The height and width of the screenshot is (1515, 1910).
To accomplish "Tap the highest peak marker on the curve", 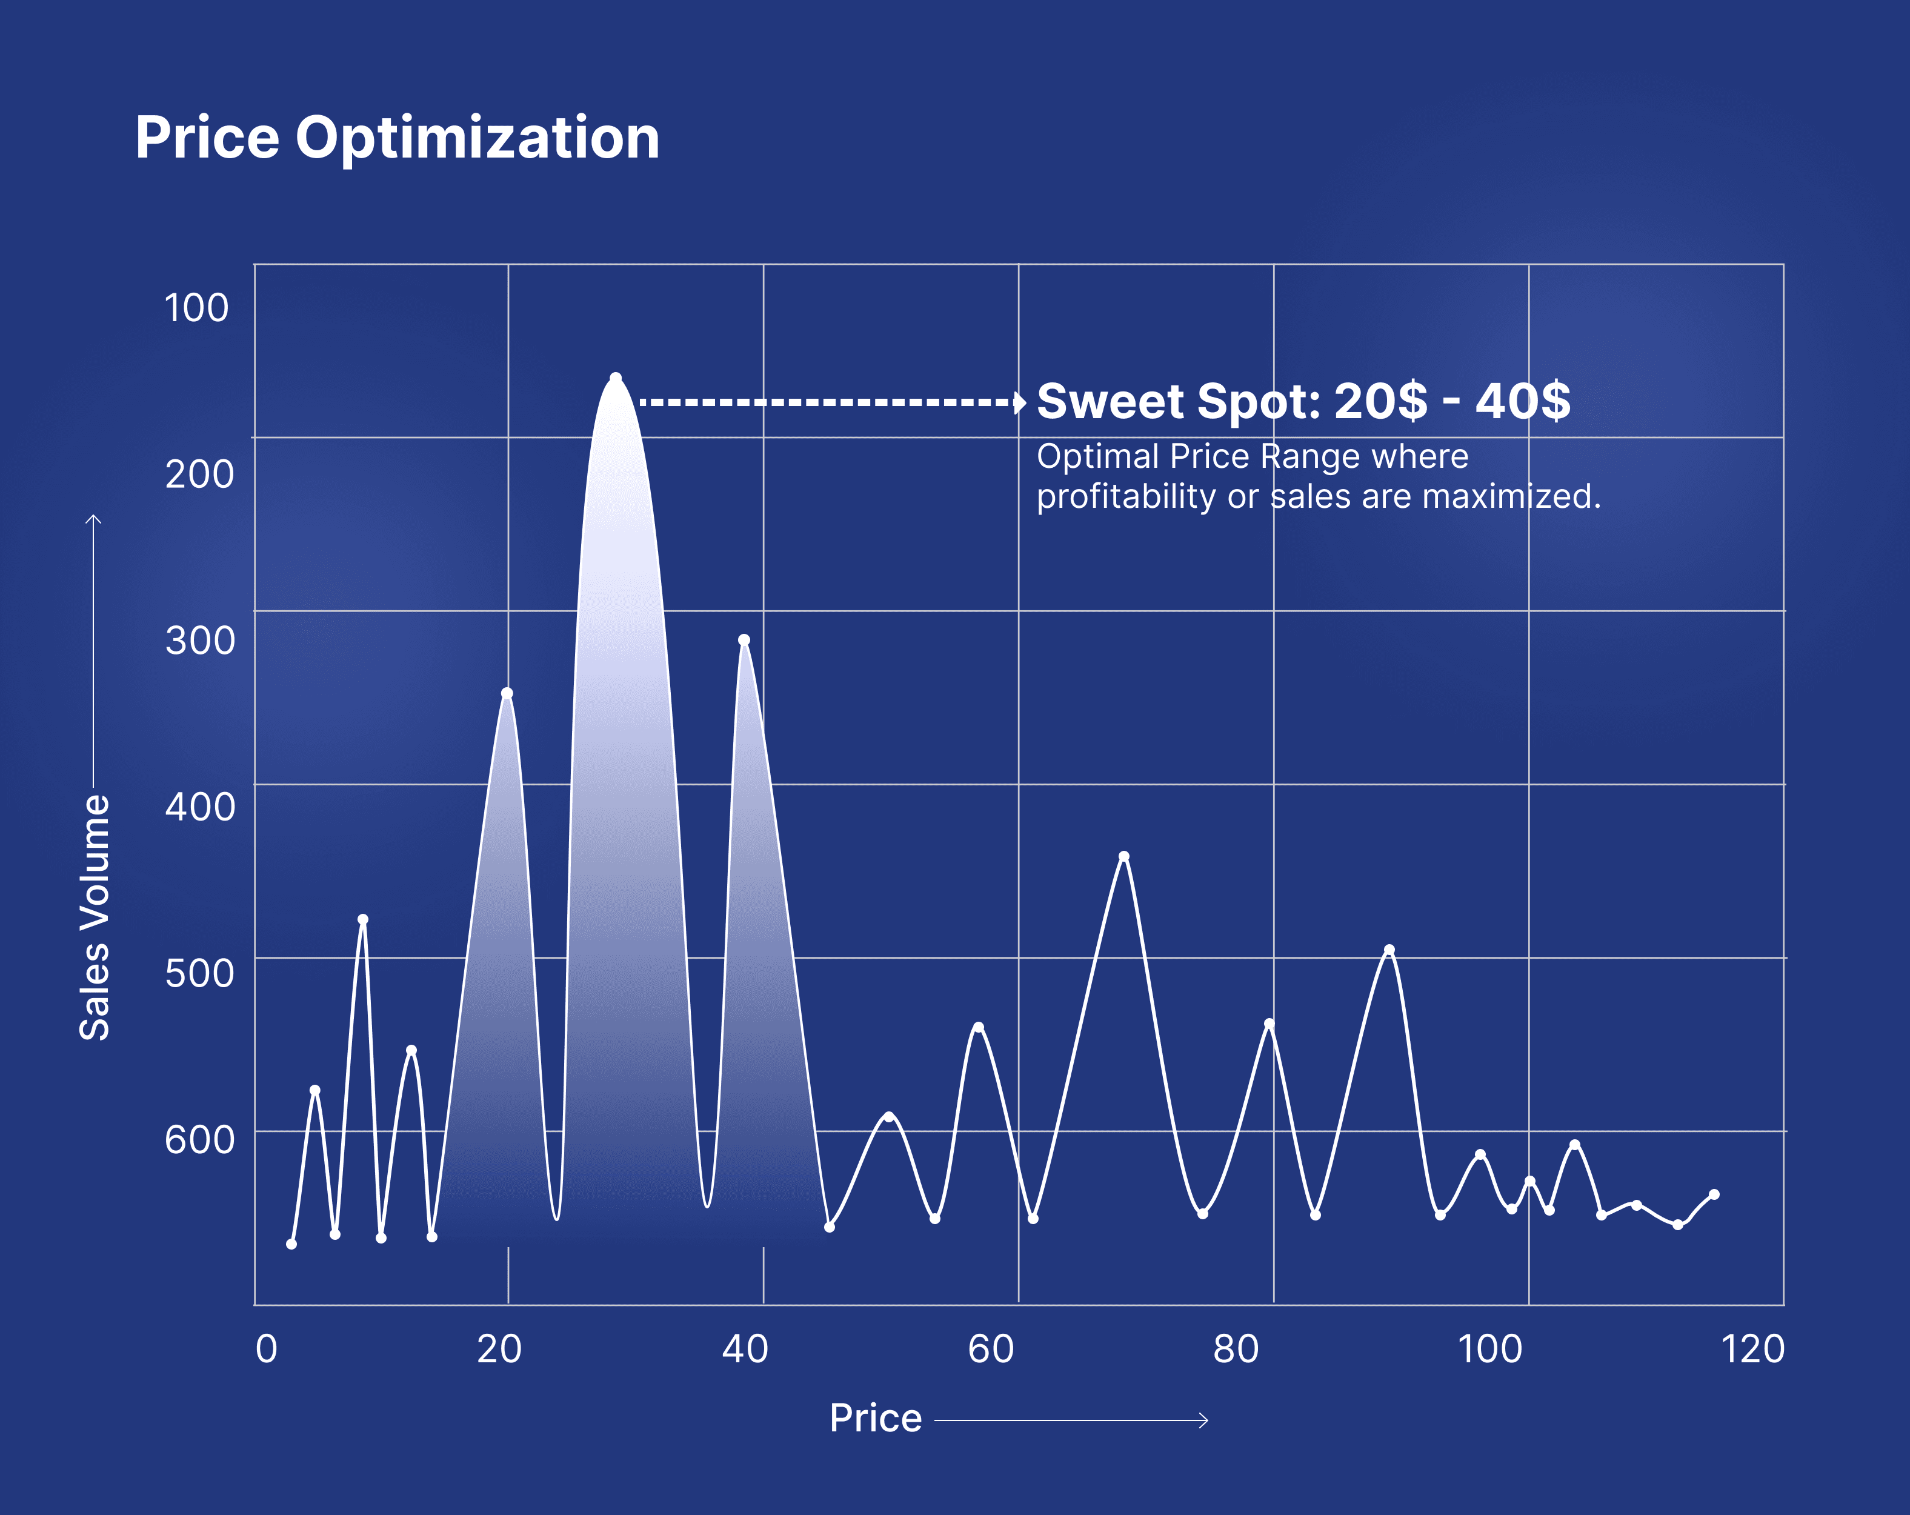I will [x=616, y=378].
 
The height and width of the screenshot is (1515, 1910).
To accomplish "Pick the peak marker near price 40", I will [x=744, y=640].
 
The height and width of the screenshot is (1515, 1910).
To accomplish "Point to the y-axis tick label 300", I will [x=200, y=641].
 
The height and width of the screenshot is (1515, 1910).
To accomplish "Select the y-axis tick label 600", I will [x=200, y=1139].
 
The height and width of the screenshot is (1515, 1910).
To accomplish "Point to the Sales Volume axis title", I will [x=95, y=917].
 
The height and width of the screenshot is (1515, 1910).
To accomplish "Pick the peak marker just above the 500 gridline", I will [x=1389, y=950].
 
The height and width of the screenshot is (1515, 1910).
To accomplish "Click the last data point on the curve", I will [x=1714, y=1194].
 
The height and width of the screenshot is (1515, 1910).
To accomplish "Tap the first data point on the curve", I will [x=291, y=1244].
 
